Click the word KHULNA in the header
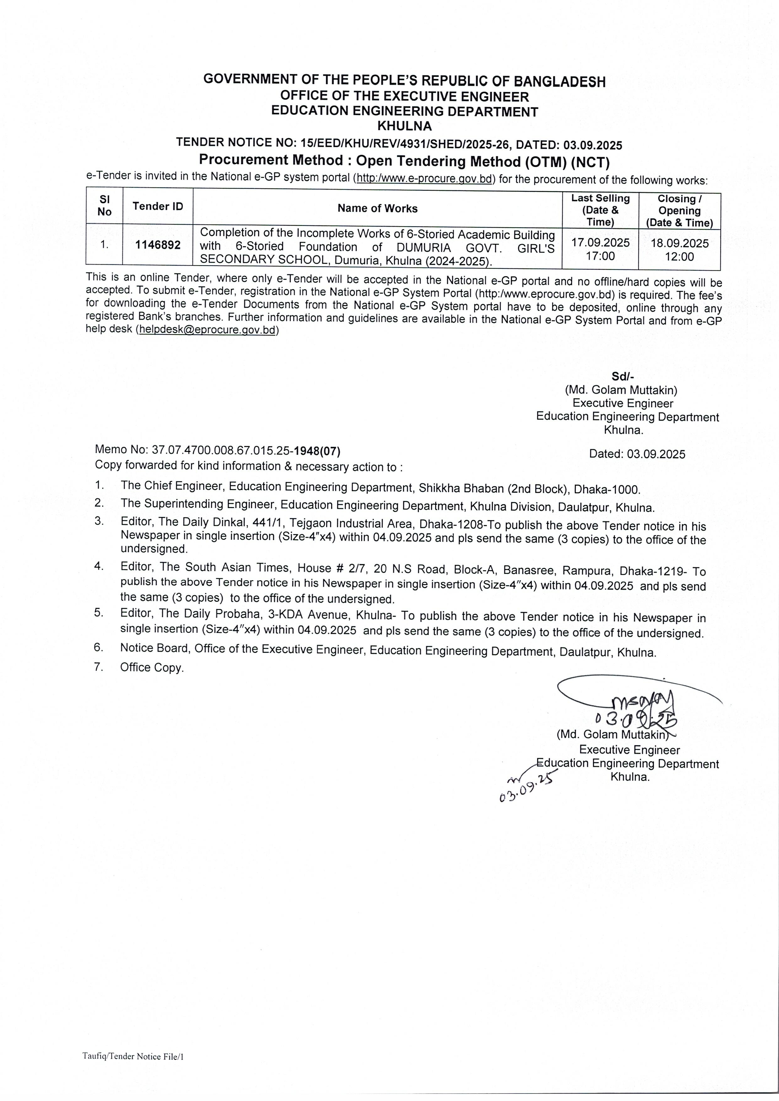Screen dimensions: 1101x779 pos(404,126)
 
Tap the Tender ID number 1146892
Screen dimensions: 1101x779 pos(158,245)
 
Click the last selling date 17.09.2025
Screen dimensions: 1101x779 pos(600,243)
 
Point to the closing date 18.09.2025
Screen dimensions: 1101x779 pos(679,243)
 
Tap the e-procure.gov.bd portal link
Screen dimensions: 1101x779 pos(424,178)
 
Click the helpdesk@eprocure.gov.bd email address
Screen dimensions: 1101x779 pos(207,330)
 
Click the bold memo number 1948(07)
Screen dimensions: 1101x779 pos(317,451)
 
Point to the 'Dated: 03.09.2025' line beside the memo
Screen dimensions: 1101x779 pos(637,454)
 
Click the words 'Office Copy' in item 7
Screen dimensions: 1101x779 pos(152,667)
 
